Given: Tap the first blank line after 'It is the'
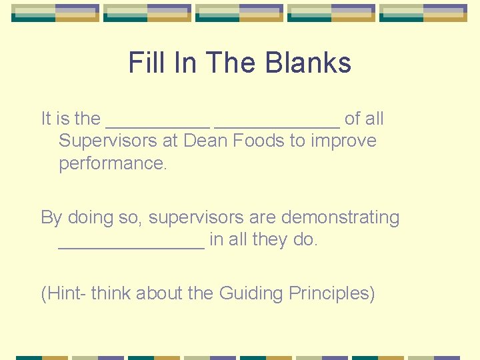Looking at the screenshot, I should tap(157, 125).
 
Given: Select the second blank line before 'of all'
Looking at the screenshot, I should tap(277, 125).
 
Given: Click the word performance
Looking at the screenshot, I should tap(113, 163).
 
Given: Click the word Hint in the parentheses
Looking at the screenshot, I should tap(65, 293).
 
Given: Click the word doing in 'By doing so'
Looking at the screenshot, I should tap(91, 217).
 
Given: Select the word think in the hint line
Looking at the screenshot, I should tap(111, 293).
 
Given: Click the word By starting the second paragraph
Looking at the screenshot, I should tap(51, 217).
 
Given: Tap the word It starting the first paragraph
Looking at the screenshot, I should tap(46, 119).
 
